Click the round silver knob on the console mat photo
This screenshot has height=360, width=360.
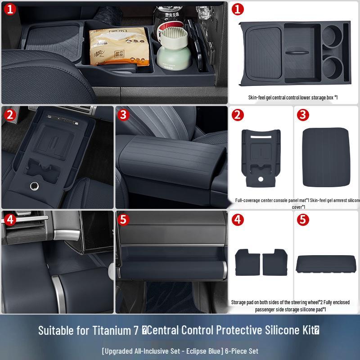(x=33, y=185)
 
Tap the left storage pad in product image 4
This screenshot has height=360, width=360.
(x=248, y=261)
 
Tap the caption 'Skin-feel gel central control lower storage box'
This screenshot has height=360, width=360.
(x=292, y=97)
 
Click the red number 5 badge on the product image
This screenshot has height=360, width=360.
(x=303, y=220)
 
